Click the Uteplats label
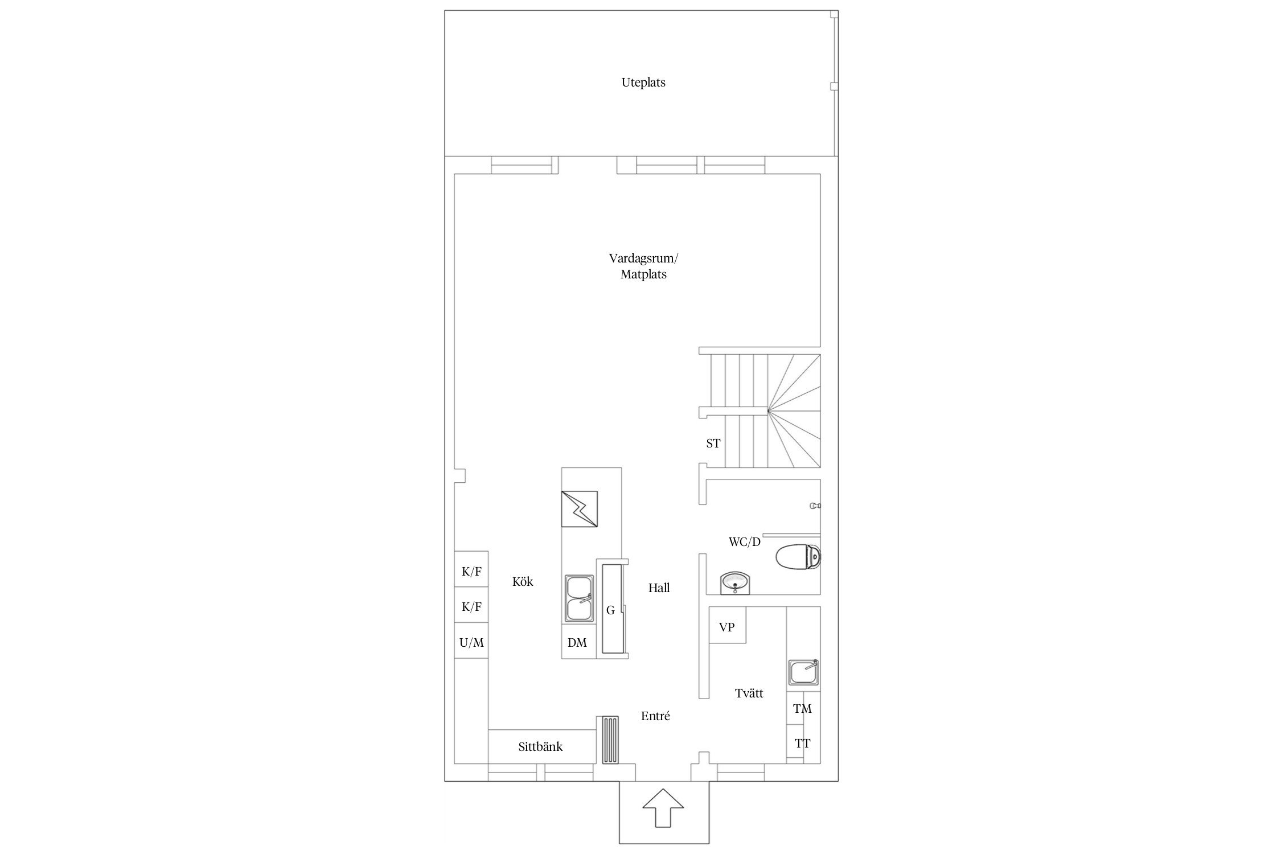tap(643, 83)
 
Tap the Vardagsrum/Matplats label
tap(643, 266)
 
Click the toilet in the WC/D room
tap(799, 557)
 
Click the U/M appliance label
tap(471, 643)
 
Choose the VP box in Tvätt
tap(727, 625)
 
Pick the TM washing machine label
tap(803, 709)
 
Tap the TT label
tap(803, 744)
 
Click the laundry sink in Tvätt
tap(804, 672)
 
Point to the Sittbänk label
tap(540, 747)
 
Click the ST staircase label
tap(713, 443)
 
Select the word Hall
tap(659, 588)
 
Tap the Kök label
tap(523, 581)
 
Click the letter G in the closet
tap(610, 610)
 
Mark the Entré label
tap(655, 716)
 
